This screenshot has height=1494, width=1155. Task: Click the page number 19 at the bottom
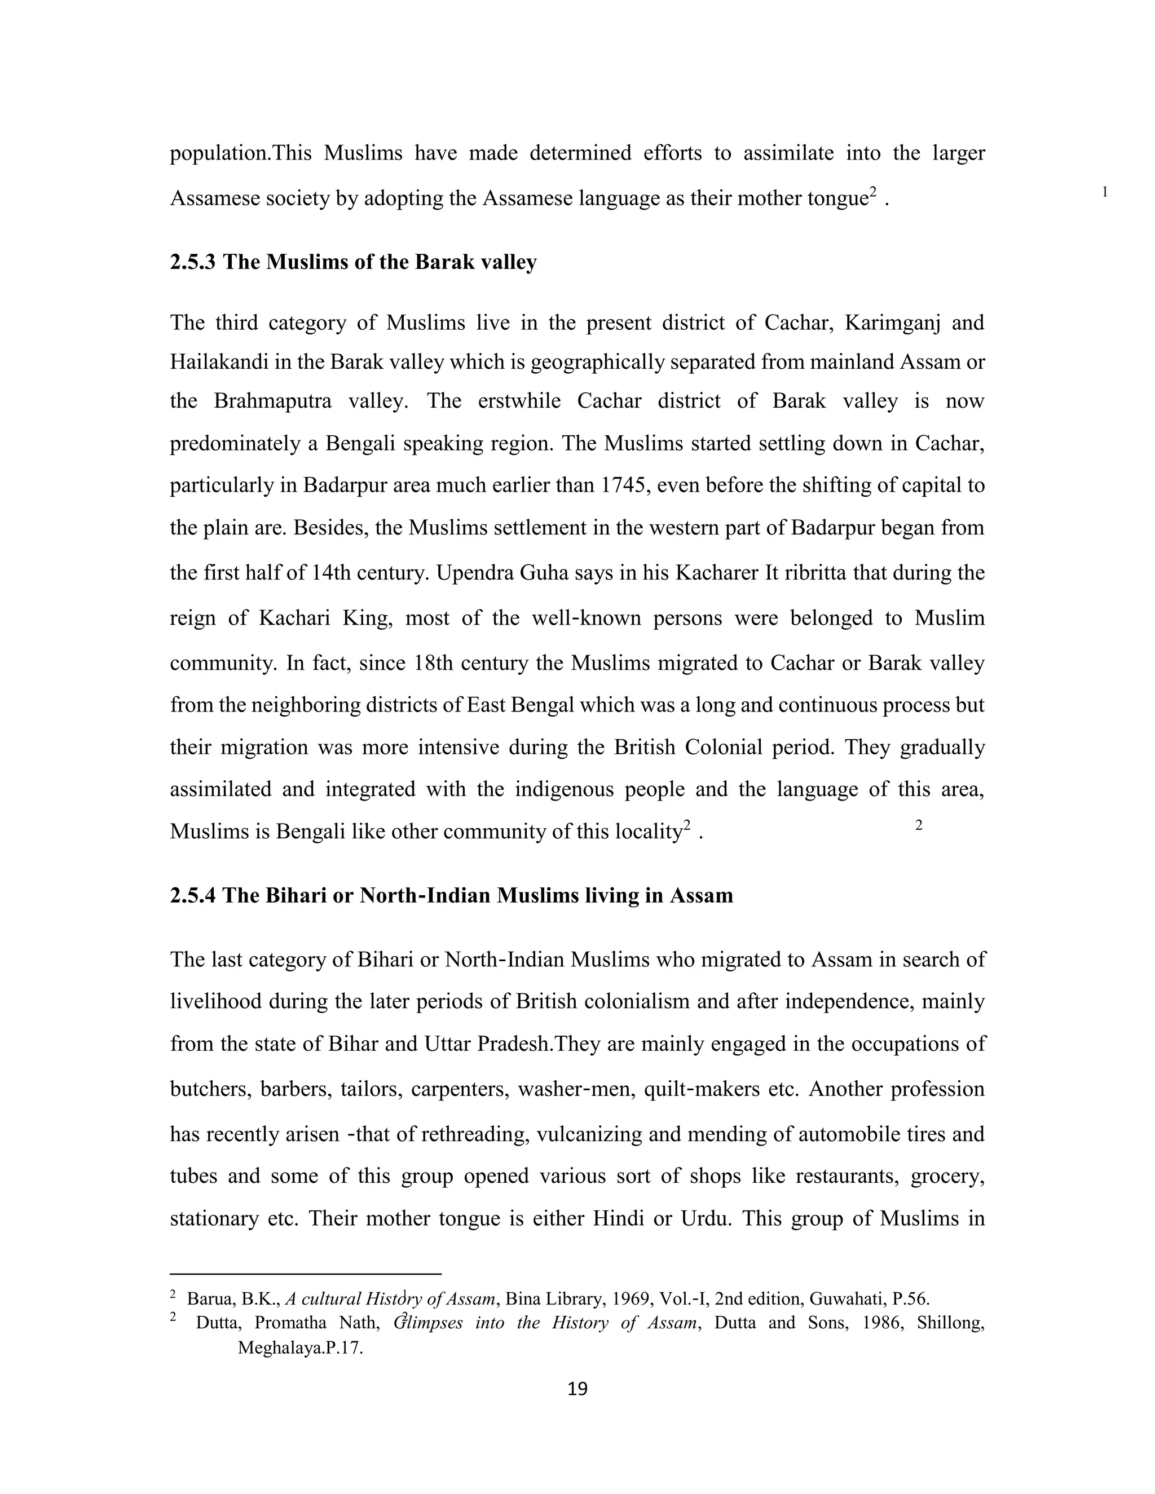coord(577,1389)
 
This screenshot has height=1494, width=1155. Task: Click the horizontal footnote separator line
coord(305,1274)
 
